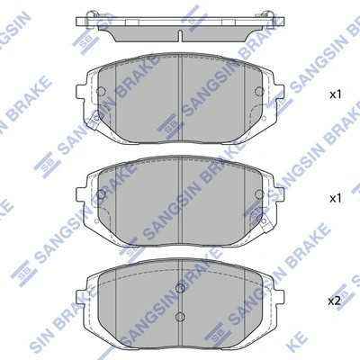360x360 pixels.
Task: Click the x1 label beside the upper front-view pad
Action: point(336,94)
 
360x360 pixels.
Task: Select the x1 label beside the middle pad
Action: point(336,197)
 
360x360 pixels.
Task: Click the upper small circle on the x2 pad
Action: point(181,289)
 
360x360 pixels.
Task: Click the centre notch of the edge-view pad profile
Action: point(181,36)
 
